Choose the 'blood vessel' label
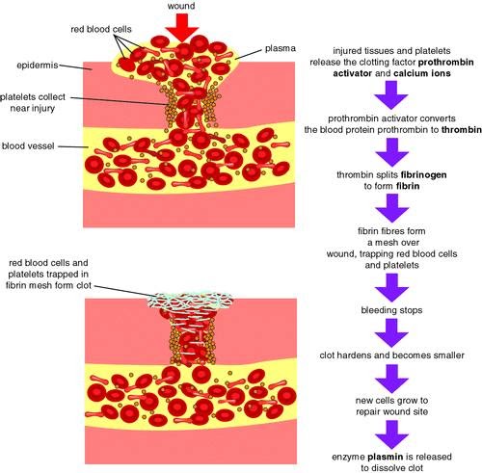pos(28,146)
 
